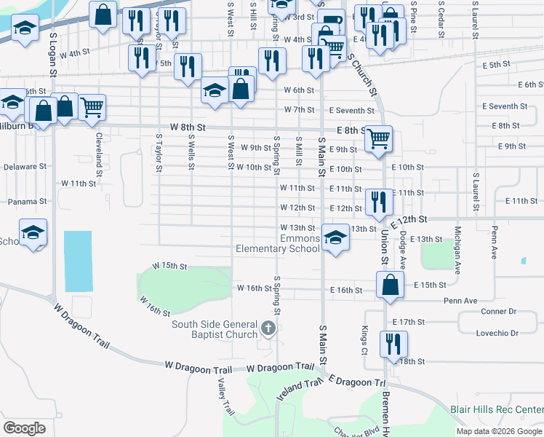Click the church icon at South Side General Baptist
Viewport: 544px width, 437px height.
click(268, 328)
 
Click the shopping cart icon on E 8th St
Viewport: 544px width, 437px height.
click(378, 138)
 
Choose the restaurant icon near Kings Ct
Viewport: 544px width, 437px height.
click(393, 345)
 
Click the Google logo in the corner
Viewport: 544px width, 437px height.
click(24, 428)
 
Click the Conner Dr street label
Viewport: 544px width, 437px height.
click(498, 311)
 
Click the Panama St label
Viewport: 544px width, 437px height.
click(28, 201)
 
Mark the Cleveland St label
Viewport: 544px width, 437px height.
click(97, 148)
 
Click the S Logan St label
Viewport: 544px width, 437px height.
click(54, 55)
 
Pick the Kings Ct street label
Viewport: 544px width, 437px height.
click(364, 336)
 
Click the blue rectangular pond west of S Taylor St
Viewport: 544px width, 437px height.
click(78, 261)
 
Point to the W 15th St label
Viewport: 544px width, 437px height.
click(169, 267)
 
